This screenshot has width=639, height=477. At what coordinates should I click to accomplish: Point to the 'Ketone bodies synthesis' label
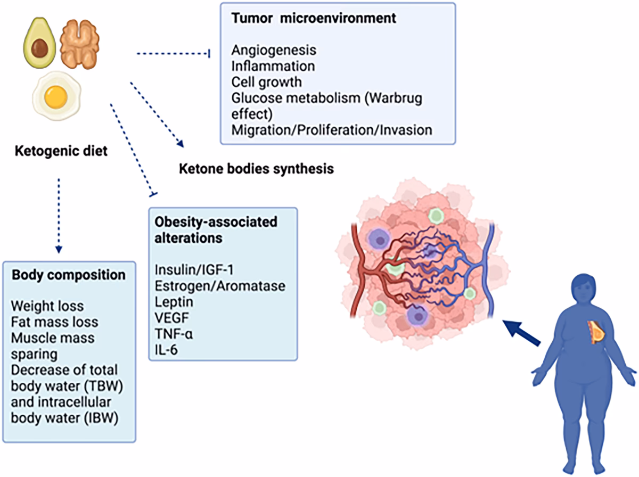coord(256,169)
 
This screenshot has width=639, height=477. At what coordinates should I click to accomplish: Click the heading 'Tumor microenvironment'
coord(314,18)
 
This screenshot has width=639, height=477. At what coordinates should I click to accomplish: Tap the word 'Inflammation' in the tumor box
coord(273,66)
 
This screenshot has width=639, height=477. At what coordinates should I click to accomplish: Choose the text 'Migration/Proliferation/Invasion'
coord(332,129)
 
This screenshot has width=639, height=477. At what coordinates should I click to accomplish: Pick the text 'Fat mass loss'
coord(55,322)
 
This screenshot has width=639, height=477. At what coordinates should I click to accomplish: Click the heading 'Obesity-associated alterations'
coord(216,229)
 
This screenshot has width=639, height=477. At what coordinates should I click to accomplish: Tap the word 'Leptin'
coord(174,302)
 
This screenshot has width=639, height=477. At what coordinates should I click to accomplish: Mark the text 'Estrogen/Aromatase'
coord(220,286)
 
